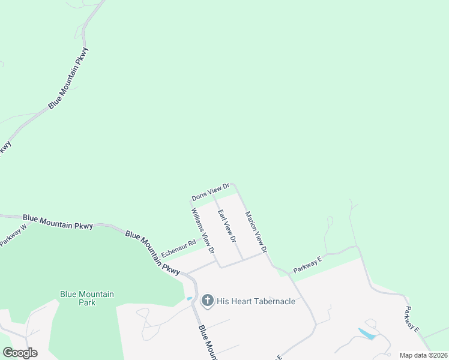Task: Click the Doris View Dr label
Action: [211, 192]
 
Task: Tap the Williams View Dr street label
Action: [203, 230]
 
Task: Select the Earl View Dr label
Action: [227, 226]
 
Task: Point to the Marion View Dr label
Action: [255, 231]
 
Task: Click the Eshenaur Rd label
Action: [178, 249]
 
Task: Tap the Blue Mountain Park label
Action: [86, 298]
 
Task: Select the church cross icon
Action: [208, 301]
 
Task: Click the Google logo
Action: [20, 353]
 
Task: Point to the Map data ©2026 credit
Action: [423, 355]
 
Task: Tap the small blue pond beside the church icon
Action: [190, 298]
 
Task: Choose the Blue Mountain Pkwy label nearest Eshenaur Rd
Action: [152, 253]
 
